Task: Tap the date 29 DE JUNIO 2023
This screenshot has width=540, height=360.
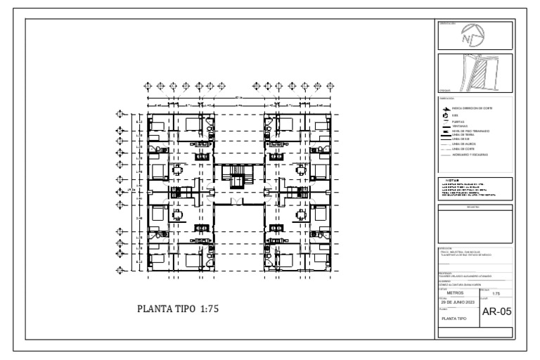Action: pos(458,302)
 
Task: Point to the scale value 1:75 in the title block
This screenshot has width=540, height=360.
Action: pos(496,293)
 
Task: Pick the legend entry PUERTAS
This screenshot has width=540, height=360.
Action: pos(458,122)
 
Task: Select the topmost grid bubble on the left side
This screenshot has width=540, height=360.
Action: pos(120,113)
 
